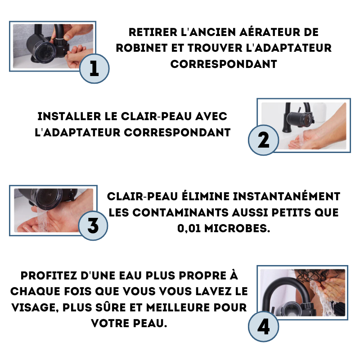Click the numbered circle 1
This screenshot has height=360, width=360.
tap(94, 68)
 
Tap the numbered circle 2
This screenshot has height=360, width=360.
tap(263, 140)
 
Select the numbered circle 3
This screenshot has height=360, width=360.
tap(93, 226)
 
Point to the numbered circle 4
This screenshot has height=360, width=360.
tap(263, 326)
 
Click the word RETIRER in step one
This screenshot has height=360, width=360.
tap(153, 32)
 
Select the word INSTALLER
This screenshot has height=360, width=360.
tap(69, 117)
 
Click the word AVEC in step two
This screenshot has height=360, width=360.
tap(211, 117)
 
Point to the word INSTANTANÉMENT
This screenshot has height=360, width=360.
tap(287, 196)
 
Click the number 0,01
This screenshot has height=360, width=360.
tap(189, 229)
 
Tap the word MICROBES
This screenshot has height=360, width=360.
tap(237, 229)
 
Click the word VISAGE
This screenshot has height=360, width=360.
tap(35, 308)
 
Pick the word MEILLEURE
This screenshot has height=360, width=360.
tap(178, 308)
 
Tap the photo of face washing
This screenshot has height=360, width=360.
tap(302, 292)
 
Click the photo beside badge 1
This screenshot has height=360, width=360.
tap(53, 46)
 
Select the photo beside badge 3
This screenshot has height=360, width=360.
tap(54, 210)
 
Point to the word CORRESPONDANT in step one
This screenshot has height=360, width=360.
tap(224, 64)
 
